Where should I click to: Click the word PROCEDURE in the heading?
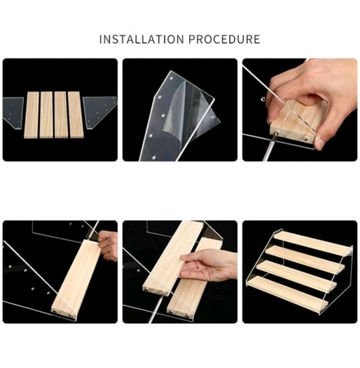click(x=224, y=39)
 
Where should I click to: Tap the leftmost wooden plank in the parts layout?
click(x=32, y=115)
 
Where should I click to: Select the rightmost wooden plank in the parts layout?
click(x=76, y=115)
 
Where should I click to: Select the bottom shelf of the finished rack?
click(x=287, y=294)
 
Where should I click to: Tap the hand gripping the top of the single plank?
click(x=107, y=246)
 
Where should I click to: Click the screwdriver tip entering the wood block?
click(x=276, y=134)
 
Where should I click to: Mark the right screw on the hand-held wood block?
click(x=306, y=139)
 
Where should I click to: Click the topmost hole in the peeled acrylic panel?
click(x=171, y=77)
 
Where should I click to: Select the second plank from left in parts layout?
click(x=46, y=115)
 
